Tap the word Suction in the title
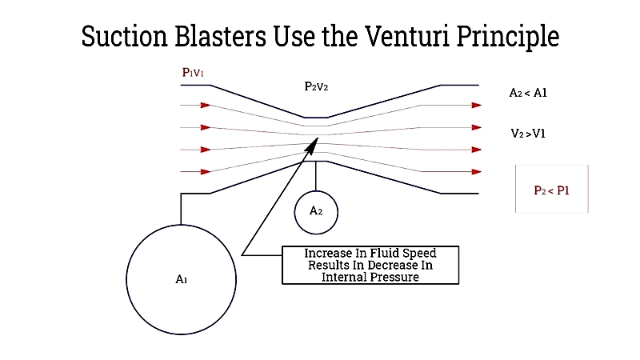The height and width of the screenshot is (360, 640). click(125, 36)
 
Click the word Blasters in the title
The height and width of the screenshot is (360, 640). click(221, 36)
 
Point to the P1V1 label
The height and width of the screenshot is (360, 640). click(193, 73)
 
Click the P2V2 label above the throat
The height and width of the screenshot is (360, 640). click(316, 86)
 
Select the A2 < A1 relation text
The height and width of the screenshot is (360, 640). click(528, 93)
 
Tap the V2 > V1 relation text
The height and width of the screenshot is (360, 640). click(528, 134)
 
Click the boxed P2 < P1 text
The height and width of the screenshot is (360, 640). click(551, 190)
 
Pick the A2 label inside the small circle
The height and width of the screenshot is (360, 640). click(316, 210)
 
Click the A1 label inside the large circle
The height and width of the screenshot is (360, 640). click(182, 279)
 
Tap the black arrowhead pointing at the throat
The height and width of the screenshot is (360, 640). click(311, 146)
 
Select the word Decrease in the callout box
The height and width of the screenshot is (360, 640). click(394, 266)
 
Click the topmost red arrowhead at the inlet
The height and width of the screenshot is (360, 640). click(206, 106)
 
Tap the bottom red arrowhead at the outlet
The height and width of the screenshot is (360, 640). click(476, 172)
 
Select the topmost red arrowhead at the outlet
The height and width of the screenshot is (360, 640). click(476, 106)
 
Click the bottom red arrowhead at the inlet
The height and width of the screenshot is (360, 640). click(206, 172)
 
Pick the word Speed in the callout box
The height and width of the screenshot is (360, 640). click(418, 254)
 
